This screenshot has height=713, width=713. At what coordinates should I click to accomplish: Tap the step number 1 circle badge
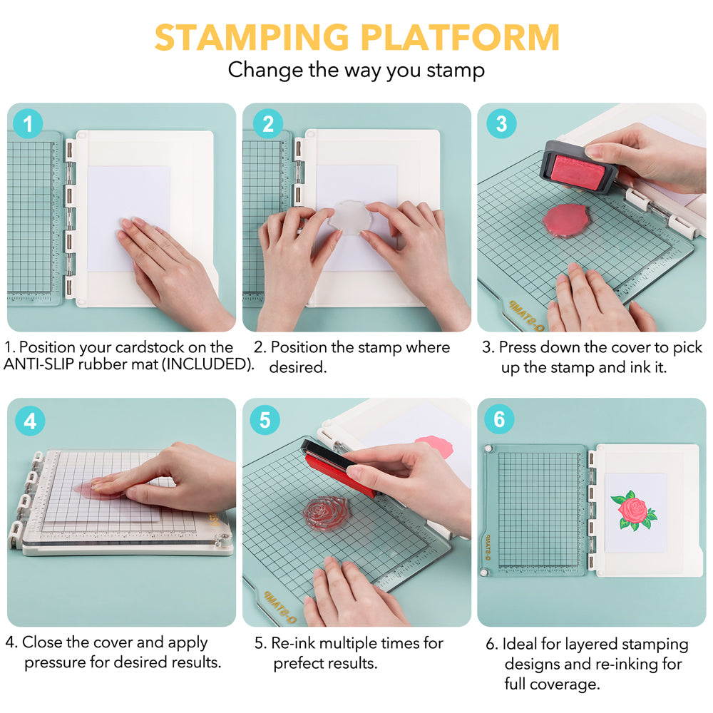click(x=28, y=123)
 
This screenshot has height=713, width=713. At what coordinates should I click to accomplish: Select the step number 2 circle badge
click(x=268, y=123)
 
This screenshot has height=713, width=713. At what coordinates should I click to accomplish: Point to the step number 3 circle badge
click(x=501, y=123)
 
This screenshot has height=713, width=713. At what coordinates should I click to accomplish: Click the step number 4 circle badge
click(x=30, y=421)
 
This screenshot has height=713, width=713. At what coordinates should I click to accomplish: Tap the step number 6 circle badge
click(x=499, y=419)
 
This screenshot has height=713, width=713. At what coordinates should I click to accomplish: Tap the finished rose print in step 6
click(x=633, y=511)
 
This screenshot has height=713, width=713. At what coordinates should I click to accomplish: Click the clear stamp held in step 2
click(x=351, y=217)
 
